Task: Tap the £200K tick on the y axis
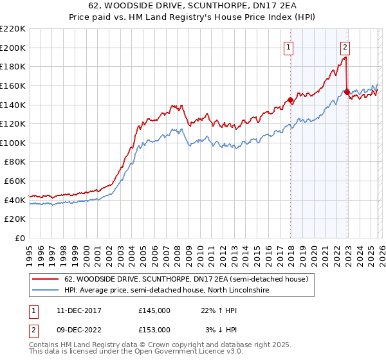point(12,48)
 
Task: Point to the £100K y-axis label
point(12,143)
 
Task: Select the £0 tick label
point(19,238)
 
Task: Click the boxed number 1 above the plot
point(288,46)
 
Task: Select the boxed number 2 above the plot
point(345,46)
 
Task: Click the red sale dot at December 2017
point(290,100)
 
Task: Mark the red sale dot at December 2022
point(347,93)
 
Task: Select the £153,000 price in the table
point(154,329)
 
